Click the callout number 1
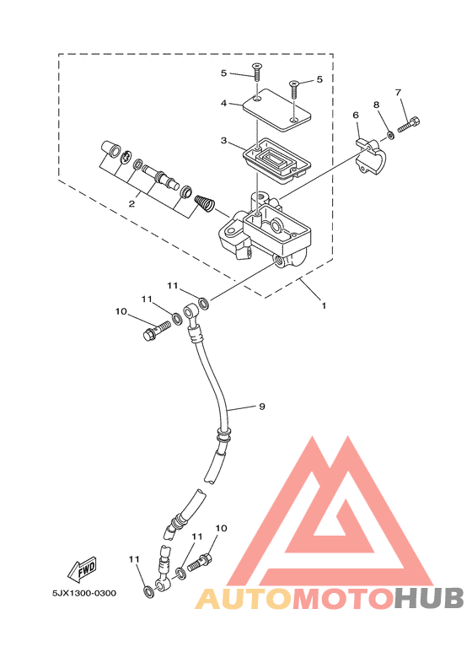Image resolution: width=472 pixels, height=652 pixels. [324, 305]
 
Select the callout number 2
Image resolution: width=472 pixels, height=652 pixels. [131, 204]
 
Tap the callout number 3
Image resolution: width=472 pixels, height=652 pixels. [224, 141]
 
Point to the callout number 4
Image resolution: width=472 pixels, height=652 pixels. [224, 103]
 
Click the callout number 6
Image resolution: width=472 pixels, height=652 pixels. [356, 115]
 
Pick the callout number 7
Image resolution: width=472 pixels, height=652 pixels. [399, 92]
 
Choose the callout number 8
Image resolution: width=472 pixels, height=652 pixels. [377, 105]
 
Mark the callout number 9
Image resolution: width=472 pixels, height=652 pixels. [262, 407]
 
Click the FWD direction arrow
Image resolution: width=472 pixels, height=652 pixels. [83, 568]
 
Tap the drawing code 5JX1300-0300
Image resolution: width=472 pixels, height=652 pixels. [84, 593]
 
